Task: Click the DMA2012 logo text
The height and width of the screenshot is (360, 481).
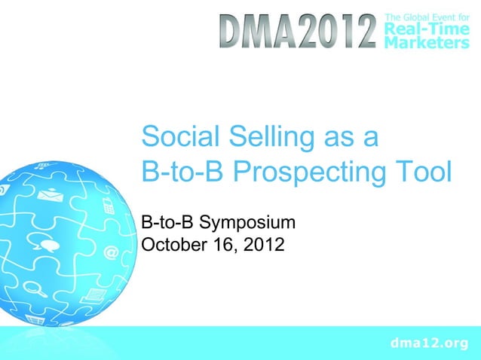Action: (299, 32)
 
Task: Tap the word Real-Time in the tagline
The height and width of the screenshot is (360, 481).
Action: (426, 29)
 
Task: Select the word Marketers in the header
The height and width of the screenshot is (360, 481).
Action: (426, 44)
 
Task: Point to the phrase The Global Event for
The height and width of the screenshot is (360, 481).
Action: (426, 15)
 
